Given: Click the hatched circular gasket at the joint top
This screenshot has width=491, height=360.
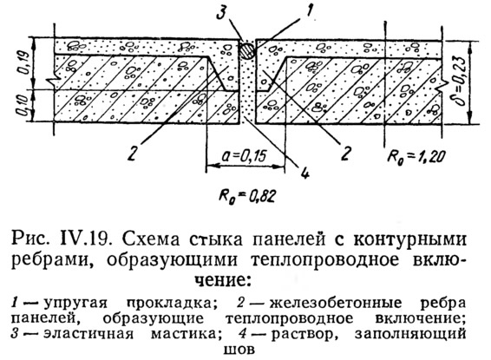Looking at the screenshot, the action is pos(247,50).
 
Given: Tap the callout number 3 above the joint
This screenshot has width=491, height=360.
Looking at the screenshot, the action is pos(221,12).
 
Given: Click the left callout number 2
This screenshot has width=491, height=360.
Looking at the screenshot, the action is pos(133,153).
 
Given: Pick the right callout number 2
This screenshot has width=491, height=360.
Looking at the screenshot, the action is pos(345,153).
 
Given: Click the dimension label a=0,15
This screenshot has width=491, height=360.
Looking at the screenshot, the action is pos(245,155).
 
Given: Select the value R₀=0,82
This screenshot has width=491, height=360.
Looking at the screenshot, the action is pos(247,196).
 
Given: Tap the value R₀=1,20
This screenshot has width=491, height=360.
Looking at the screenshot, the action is pos(416,156).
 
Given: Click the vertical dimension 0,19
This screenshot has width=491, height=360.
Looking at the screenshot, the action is pos(24,62).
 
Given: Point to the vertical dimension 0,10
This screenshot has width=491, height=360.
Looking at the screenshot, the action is pos(24,106).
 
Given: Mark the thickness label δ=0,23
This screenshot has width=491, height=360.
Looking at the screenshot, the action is pos(461,82).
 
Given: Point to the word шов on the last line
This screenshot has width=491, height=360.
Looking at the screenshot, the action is pos(239,349).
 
